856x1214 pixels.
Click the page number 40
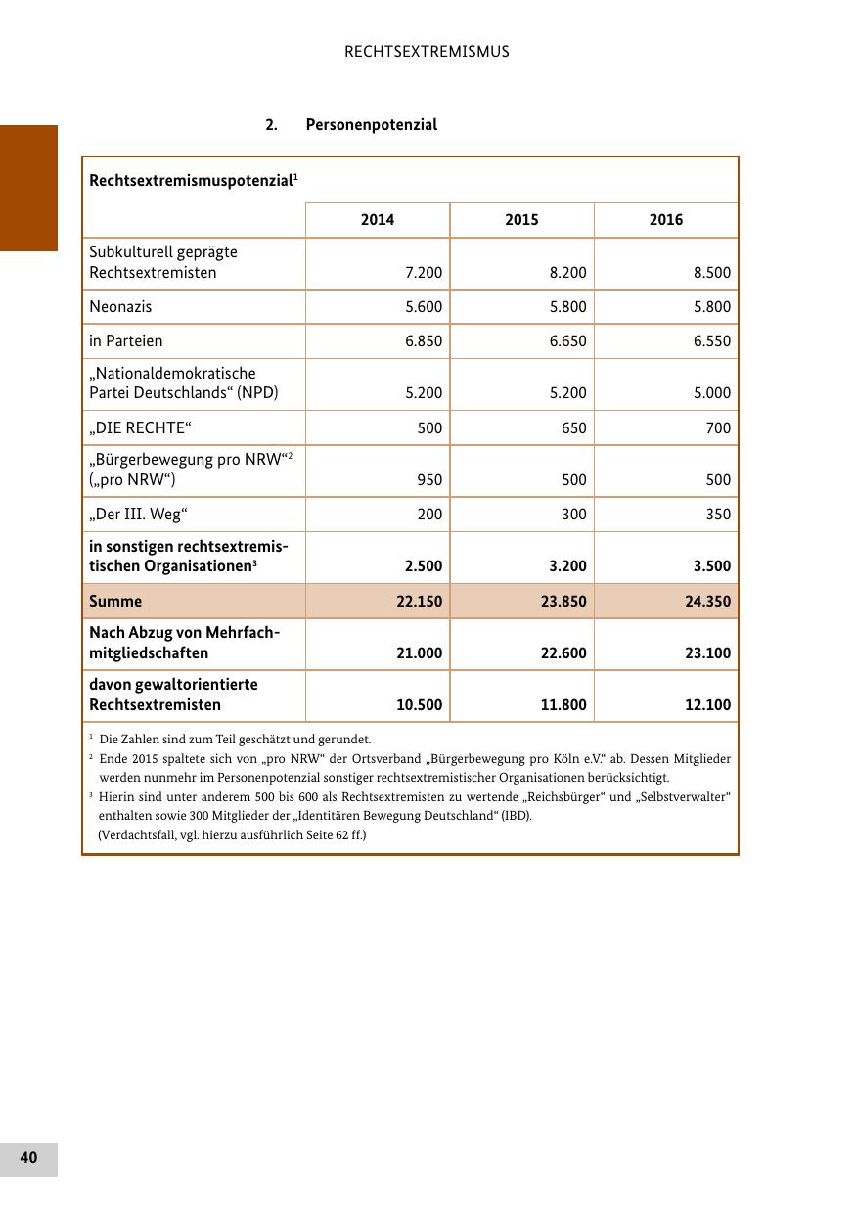(28, 1158)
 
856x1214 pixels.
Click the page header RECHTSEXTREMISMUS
(427, 52)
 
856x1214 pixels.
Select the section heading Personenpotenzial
(371, 125)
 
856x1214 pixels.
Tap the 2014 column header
(378, 220)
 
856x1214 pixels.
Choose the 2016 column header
(666, 220)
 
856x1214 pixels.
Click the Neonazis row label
(120, 307)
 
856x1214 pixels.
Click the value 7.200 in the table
(424, 273)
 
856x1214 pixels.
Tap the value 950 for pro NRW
(429, 480)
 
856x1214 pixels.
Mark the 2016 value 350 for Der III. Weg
(718, 515)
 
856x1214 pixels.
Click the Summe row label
(115, 602)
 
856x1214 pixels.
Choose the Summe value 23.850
(563, 602)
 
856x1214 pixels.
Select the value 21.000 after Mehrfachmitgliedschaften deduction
(420, 653)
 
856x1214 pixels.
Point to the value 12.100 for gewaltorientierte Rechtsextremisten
(708, 705)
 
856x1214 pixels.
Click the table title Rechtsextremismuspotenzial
(191, 181)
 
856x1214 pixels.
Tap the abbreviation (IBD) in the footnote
(516, 816)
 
